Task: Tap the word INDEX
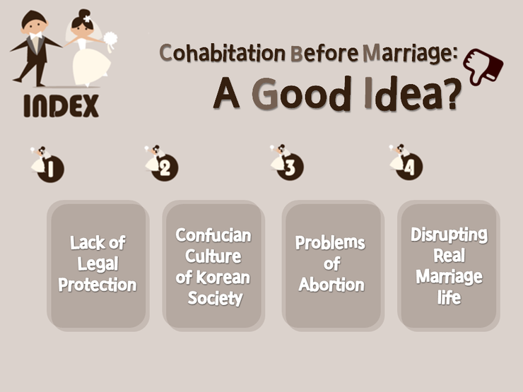pyautogui.click(x=61, y=106)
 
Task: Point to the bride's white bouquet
pyautogui.click(x=110, y=40)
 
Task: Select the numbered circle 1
pyautogui.click(x=50, y=169)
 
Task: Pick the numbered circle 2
pyautogui.click(x=165, y=167)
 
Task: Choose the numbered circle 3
pyautogui.click(x=290, y=167)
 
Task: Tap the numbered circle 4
pyautogui.click(x=409, y=167)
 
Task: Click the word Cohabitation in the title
pyautogui.click(x=222, y=54)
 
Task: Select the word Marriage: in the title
pyautogui.click(x=410, y=54)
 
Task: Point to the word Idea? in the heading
pyautogui.click(x=413, y=94)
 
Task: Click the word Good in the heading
pyautogui.click(x=301, y=95)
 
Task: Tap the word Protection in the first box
pyautogui.click(x=98, y=285)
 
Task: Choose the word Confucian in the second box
pyautogui.click(x=213, y=235)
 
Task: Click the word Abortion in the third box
pyautogui.click(x=331, y=285)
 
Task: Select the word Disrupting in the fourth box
pyautogui.click(x=449, y=235)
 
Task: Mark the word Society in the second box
pyautogui.click(x=215, y=298)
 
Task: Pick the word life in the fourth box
pyautogui.click(x=449, y=297)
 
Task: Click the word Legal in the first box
pyautogui.click(x=98, y=264)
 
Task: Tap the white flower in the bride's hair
pyautogui.click(x=87, y=18)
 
